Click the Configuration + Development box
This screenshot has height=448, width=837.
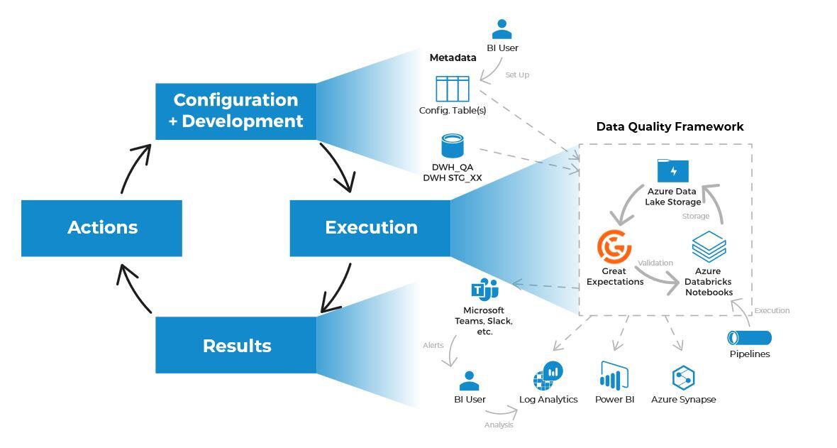click(x=235, y=111)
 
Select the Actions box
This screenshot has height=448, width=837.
click(x=101, y=228)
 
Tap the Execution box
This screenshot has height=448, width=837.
click(x=370, y=228)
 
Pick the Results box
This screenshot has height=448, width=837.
click(x=235, y=345)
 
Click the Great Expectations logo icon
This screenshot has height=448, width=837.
click(x=614, y=246)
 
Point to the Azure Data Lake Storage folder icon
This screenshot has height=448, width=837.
click(x=672, y=171)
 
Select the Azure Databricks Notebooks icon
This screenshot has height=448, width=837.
click(x=709, y=247)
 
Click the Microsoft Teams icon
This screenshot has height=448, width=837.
click(x=484, y=290)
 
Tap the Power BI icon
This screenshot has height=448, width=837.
click(x=614, y=375)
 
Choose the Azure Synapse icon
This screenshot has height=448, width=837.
click(x=683, y=377)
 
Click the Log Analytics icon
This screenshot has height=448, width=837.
click(x=548, y=376)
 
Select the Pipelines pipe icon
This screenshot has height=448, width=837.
click(x=749, y=338)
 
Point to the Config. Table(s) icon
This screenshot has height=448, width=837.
click(x=452, y=89)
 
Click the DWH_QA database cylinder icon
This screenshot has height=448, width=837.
click(x=452, y=146)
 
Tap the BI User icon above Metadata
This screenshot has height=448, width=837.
click(x=501, y=29)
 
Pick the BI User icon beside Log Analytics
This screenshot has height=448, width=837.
click(x=469, y=381)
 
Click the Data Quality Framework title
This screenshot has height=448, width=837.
click(x=670, y=126)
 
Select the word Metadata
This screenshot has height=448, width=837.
click(x=453, y=58)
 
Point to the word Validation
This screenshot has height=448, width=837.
click(x=655, y=263)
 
